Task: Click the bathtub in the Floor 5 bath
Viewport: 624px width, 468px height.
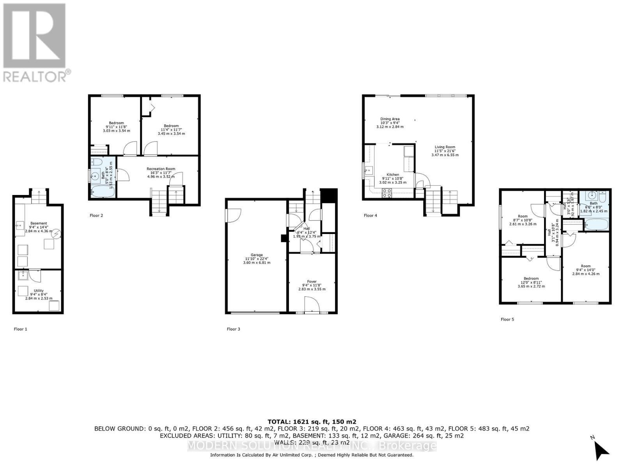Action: coord(595,225)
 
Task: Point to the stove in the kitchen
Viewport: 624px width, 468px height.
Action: coord(387,192)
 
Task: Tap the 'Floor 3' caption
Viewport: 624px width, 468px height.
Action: coord(233,329)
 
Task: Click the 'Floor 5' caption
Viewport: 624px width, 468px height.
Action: coord(507,319)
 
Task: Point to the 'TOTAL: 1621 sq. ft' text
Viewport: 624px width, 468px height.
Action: coord(312,422)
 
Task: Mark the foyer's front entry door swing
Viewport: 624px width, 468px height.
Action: coord(310,304)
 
